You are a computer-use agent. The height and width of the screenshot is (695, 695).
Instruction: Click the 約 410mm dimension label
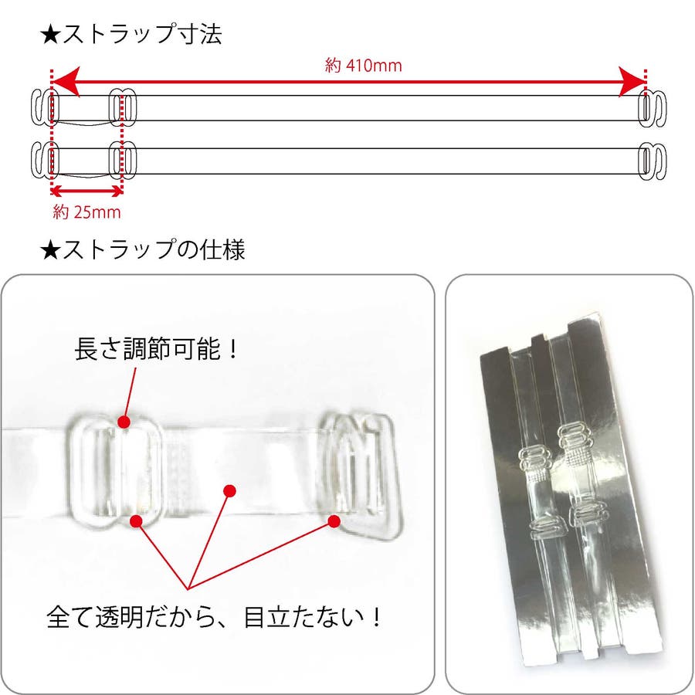[x=363, y=66]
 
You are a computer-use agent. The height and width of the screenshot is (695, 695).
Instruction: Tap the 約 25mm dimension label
[x=86, y=212]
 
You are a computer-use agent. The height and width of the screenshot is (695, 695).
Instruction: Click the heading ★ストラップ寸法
[x=131, y=34]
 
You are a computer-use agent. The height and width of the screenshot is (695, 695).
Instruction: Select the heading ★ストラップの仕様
[x=142, y=249]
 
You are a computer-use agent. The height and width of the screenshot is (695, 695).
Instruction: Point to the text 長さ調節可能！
[x=157, y=349]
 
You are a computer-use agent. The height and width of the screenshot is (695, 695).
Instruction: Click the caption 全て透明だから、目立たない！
[x=213, y=616]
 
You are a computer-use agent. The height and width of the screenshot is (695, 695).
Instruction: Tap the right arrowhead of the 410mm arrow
[x=632, y=82]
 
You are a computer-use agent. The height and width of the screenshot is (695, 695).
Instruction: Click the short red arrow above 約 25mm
[x=86, y=192]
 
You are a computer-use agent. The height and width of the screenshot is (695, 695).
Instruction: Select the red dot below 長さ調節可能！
[x=124, y=422]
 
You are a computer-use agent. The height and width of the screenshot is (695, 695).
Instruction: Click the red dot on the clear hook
[x=334, y=521]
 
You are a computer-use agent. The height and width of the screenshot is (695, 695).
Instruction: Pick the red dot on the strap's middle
[x=229, y=490]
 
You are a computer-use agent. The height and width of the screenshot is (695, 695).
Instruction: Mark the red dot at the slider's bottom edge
[x=137, y=521]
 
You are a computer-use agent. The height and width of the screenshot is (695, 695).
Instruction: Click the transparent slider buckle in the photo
[x=114, y=472]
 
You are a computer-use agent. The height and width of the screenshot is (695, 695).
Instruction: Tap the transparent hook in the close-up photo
[x=361, y=474]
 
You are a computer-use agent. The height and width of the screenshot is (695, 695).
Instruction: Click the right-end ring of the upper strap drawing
[x=652, y=108]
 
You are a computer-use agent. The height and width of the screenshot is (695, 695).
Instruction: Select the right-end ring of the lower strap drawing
[x=652, y=161]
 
